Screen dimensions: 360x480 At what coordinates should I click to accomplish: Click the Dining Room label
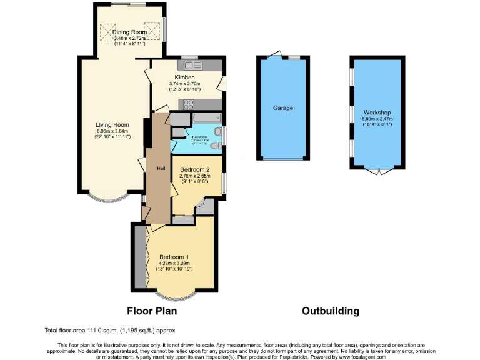tap(130, 32)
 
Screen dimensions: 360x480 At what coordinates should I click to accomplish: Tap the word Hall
tap(161, 168)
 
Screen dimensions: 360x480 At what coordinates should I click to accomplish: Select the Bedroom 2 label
tap(194, 169)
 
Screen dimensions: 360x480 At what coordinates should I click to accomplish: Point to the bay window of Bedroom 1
tap(175, 296)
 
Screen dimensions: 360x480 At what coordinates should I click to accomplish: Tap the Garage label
tap(283, 107)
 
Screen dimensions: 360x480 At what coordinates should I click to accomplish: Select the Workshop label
tap(376, 112)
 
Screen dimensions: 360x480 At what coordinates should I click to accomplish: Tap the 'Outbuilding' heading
tap(331, 311)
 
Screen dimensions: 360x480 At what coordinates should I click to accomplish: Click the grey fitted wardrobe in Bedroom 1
tap(139, 257)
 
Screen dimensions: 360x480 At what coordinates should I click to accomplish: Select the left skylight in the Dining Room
tap(115, 32)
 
